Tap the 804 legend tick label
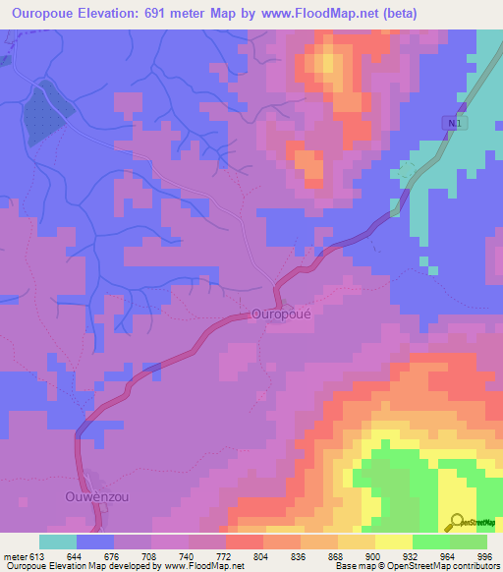click(x=259, y=557)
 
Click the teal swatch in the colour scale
click(x=58, y=542)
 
